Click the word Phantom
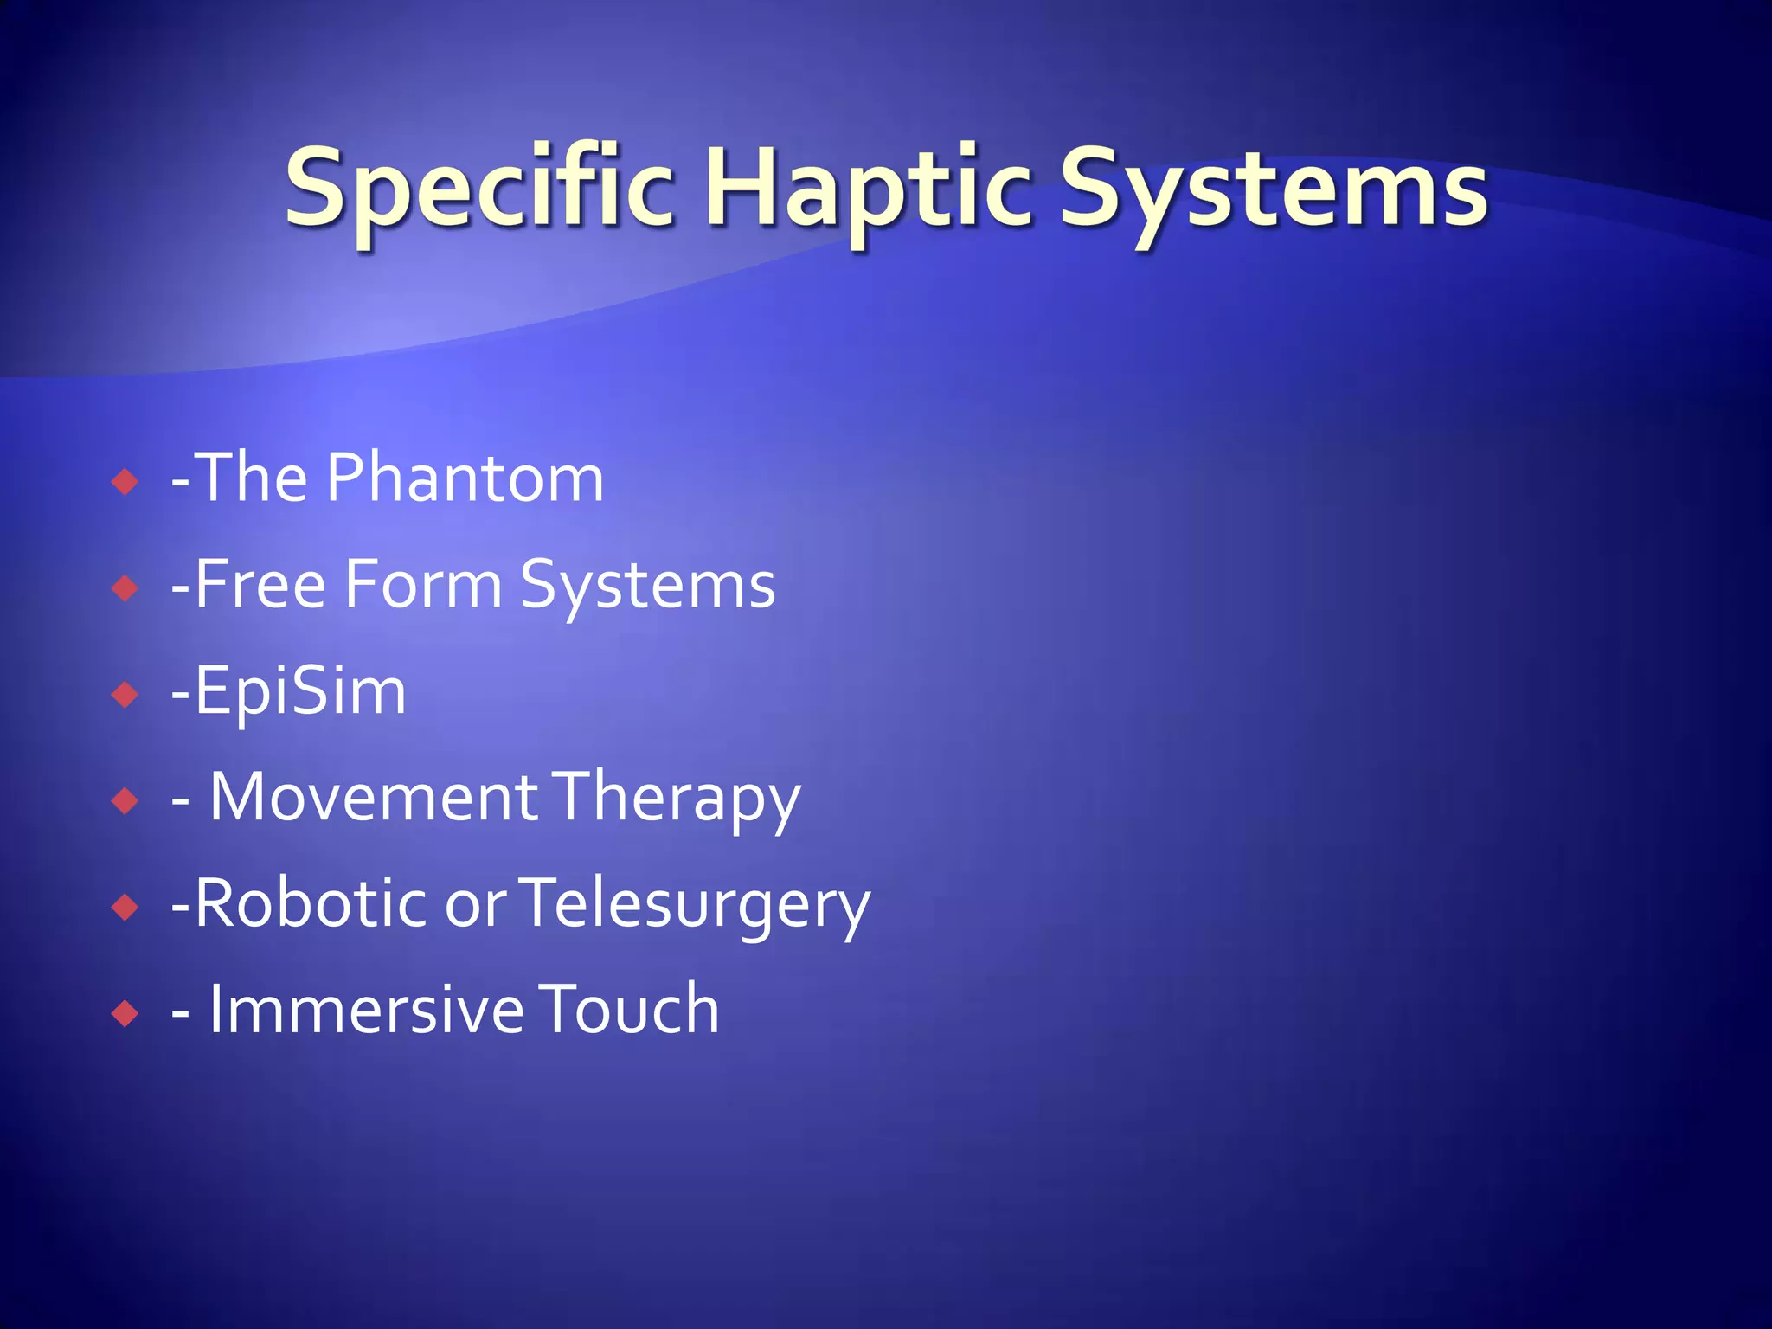(465, 478)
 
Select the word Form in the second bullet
(423, 584)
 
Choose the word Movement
(374, 797)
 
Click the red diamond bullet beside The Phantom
(125, 481)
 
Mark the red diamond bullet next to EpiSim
(125, 694)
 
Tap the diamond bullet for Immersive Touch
(125, 1013)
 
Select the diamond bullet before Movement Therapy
(125, 800)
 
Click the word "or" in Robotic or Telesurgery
(475, 905)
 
